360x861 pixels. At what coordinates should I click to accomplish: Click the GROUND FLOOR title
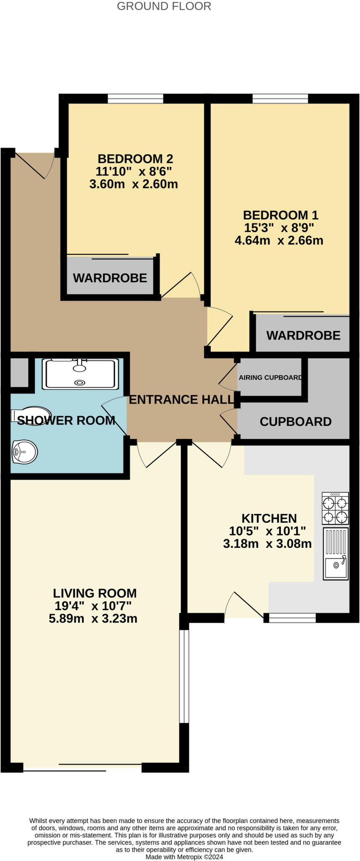(164, 6)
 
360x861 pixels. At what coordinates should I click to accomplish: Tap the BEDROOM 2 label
(135, 159)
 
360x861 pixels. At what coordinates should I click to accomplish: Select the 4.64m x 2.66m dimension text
(279, 240)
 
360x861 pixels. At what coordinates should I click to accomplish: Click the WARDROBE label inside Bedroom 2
(110, 278)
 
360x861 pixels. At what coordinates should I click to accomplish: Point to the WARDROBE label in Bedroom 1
(303, 335)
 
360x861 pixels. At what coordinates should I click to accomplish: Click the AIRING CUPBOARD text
(270, 378)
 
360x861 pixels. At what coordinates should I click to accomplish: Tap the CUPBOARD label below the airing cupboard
(295, 422)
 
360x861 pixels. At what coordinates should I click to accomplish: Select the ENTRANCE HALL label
(181, 399)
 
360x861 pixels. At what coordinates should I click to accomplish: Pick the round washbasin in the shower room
(24, 452)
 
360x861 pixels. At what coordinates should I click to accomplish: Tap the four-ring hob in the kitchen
(335, 509)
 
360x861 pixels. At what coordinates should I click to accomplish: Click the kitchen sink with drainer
(336, 554)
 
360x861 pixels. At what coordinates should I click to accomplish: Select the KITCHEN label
(269, 518)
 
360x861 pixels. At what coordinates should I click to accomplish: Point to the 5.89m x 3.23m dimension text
(93, 619)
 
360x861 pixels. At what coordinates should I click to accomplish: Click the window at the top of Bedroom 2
(135, 99)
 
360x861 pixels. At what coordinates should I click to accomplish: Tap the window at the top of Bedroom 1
(280, 99)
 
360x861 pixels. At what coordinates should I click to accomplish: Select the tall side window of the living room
(184, 676)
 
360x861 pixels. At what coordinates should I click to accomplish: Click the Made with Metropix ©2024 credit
(184, 857)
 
